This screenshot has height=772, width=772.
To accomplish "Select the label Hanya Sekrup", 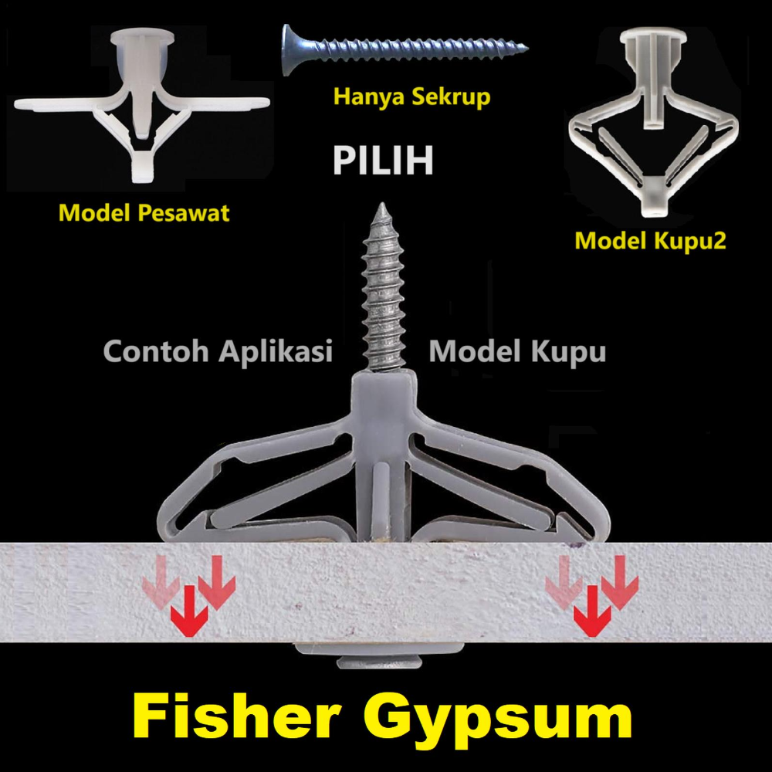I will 411,98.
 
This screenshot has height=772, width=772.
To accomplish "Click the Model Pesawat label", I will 144,212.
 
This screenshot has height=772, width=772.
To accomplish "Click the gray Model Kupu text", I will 517,351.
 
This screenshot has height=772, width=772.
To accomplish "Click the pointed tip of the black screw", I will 526,49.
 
